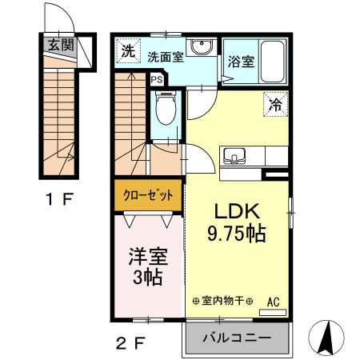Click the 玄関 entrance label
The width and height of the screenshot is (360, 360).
click(x=60, y=45)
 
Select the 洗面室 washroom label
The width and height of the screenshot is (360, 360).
click(x=166, y=57)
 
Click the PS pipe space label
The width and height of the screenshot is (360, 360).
click(x=157, y=80)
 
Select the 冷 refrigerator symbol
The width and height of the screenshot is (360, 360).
click(x=274, y=103)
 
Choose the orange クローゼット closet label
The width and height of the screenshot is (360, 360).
click(x=147, y=195)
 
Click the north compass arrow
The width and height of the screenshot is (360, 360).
click(x=326, y=336)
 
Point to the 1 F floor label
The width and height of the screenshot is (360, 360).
click(x=58, y=198)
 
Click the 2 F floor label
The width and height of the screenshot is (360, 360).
click(x=130, y=344)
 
